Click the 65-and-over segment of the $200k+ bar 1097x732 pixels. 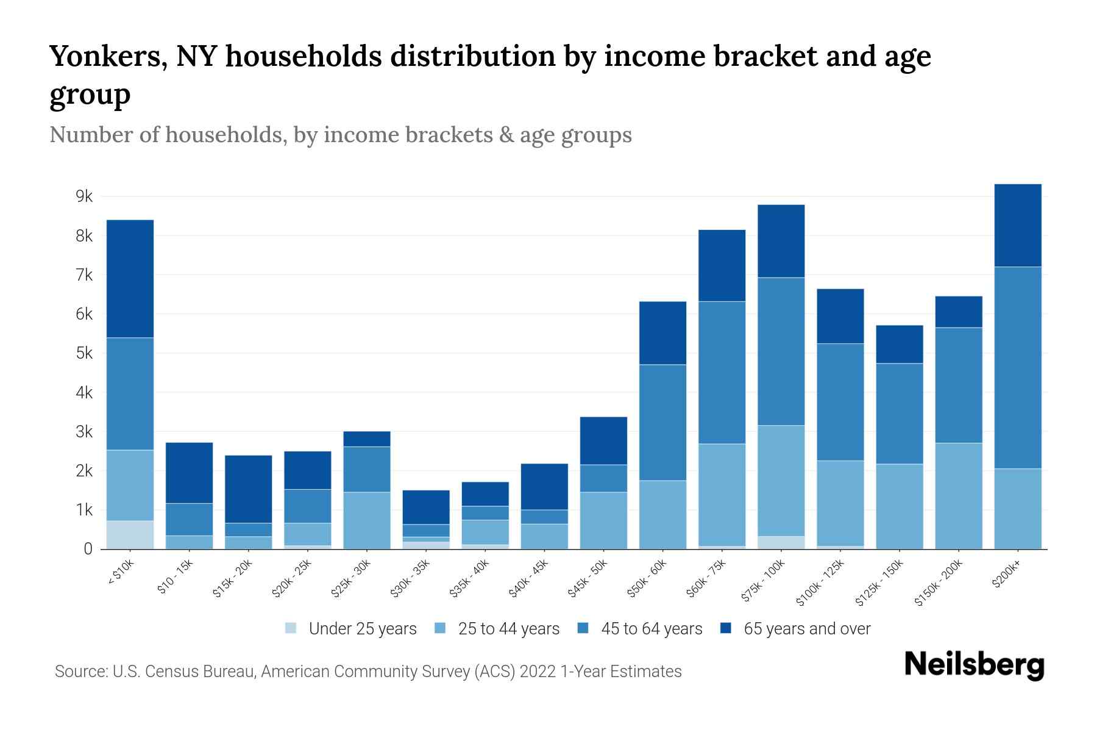click(1018, 225)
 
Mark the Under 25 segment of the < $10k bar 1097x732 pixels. click(130, 535)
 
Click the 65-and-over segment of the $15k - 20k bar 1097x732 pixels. click(249, 489)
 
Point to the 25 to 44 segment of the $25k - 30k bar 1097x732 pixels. click(367, 520)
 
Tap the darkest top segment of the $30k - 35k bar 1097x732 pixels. click(426, 507)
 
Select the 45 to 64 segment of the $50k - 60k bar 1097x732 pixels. click(662, 422)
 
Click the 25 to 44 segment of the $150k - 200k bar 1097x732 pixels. click(959, 495)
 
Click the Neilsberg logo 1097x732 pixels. click(974, 665)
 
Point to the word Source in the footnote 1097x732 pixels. click(79, 672)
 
